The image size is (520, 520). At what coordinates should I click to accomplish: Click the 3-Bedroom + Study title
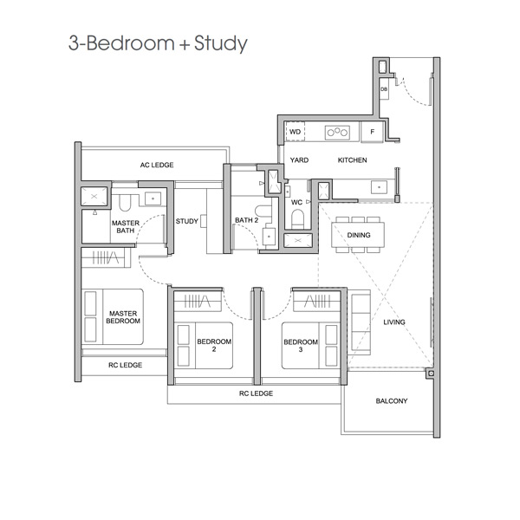click(x=158, y=43)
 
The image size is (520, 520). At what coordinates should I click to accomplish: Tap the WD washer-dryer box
click(x=295, y=132)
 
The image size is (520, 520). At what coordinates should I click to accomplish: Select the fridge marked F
click(x=372, y=132)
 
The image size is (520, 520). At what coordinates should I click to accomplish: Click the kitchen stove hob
click(x=337, y=133)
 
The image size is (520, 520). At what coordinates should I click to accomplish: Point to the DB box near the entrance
click(x=384, y=89)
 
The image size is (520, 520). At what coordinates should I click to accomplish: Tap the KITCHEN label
click(x=352, y=160)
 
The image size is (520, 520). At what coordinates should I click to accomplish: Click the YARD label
click(x=299, y=160)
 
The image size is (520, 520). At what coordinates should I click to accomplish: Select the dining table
click(x=358, y=235)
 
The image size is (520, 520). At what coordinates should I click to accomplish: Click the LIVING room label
click(x=394, y=322)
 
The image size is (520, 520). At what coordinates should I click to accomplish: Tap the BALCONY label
click(x=392, y=401)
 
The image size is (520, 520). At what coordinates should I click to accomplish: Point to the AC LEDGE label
click(x=157, y=165)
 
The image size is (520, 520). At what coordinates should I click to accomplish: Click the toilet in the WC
click(x=298, y=219)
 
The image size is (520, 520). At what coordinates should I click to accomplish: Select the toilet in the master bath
click(x=125, y=203)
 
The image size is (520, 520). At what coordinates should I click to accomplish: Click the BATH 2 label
click(x=247, y=220)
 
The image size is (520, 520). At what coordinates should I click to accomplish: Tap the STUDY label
click(x=186, y=221)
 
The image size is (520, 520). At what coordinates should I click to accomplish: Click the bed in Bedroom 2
click(x=204, y=346)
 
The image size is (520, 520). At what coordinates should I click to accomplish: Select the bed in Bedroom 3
click(x=311, y=346)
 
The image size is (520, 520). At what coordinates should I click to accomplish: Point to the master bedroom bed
click(x=113, y=316)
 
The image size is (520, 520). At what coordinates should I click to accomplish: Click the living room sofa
click(x=361, y=322)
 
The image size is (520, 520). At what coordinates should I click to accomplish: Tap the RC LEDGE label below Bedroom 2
click(x=256, y=393)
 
